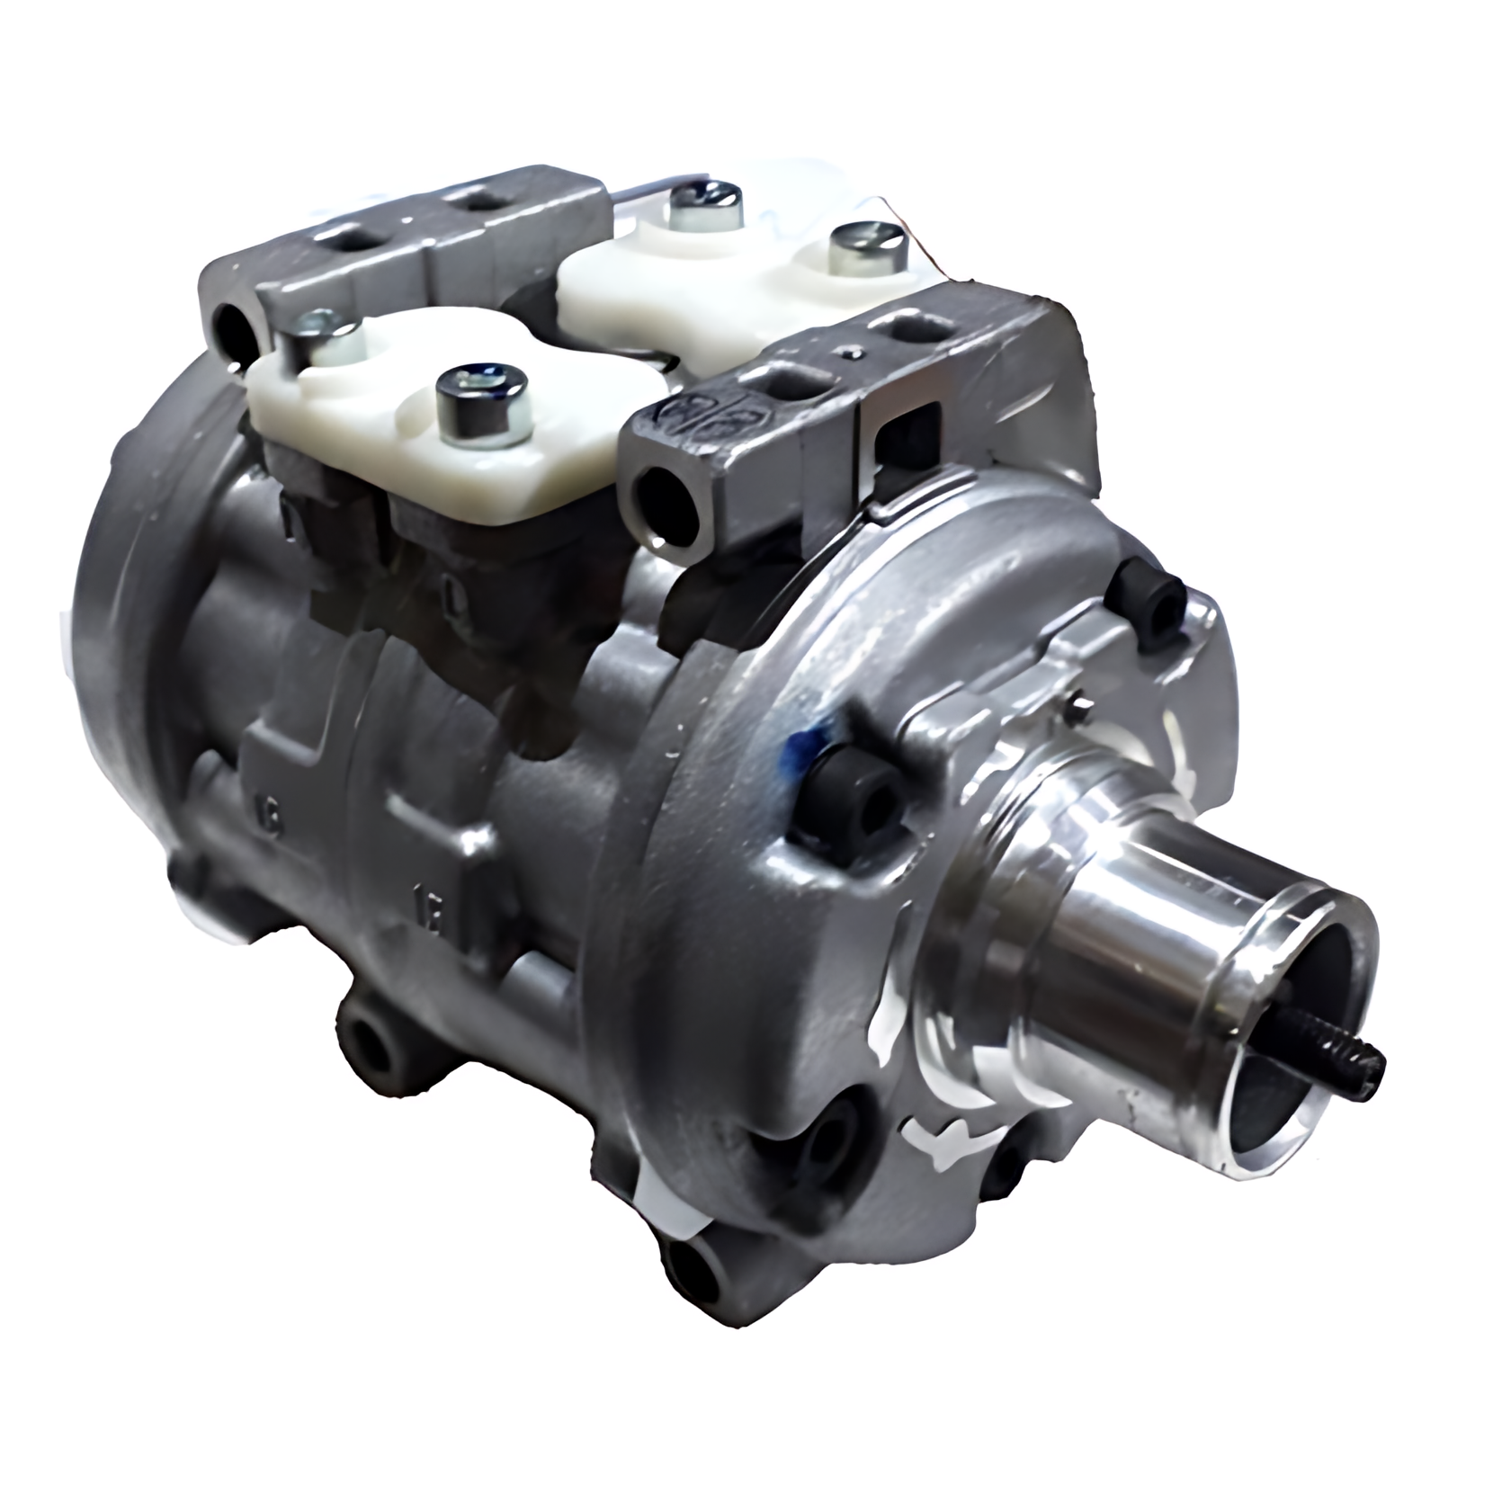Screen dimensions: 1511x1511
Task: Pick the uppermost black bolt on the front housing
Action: (x=1147, y=597)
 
